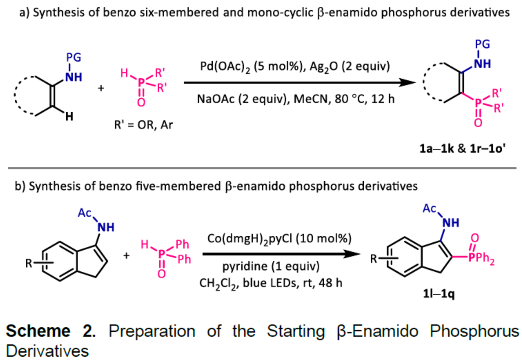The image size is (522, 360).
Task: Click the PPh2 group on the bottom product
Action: coord(492,261)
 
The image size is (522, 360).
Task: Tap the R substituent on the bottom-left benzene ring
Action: coord(29,264)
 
